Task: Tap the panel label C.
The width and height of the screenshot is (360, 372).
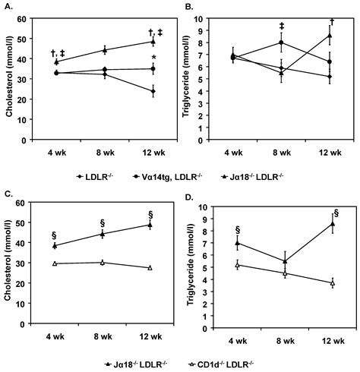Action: pos(7,194)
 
